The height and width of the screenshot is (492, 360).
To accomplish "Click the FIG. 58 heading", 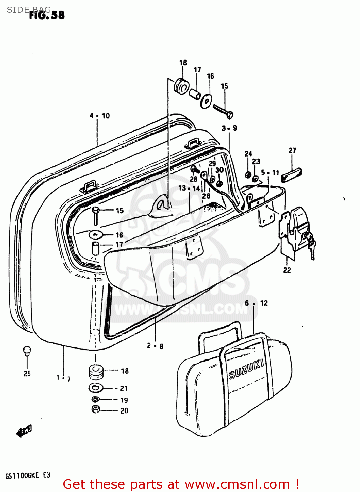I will coord(47,15).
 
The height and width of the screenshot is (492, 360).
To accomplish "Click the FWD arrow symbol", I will coord(24,431).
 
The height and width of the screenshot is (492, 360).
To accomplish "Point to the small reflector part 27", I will coord(291,174).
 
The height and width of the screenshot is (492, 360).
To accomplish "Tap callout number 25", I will coord(27,373).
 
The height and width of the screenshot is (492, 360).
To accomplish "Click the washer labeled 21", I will coord(95,388).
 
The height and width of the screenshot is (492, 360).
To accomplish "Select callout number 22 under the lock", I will coord(287,270).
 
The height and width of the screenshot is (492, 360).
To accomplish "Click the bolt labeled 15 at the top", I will coord(223,111).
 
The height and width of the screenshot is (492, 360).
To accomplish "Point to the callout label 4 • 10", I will coord(100,116).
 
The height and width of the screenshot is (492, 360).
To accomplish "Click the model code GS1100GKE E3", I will coord(28,475).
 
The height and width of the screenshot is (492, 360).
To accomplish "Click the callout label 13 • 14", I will coord(189,188).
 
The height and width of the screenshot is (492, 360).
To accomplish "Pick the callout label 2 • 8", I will coord(155,346).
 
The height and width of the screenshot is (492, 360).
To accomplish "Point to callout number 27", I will coord(292,150).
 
